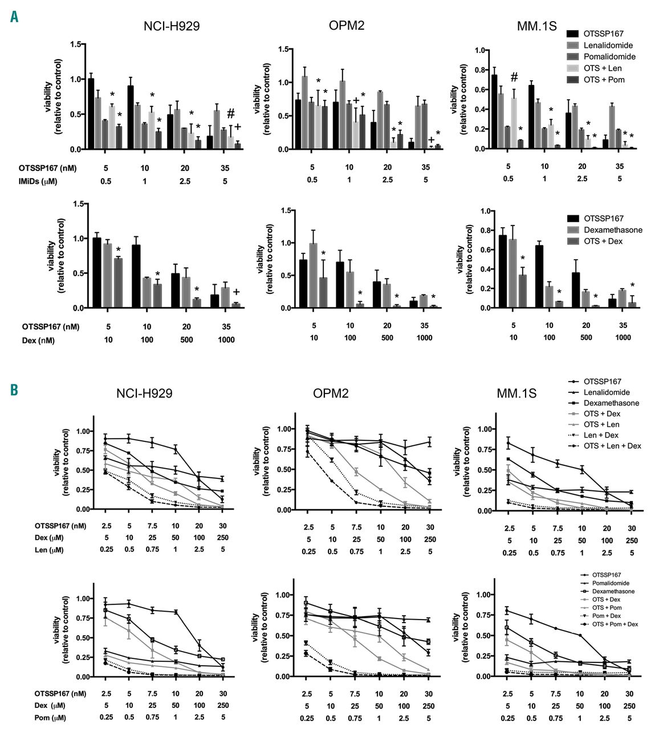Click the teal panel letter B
coord(14,390)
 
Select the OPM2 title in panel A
coord(347,25)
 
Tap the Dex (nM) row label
coord(40,340)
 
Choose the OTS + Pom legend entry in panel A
coord(604,80)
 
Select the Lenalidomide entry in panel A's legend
coord(608,46)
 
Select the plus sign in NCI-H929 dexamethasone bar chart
coord(236,292)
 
